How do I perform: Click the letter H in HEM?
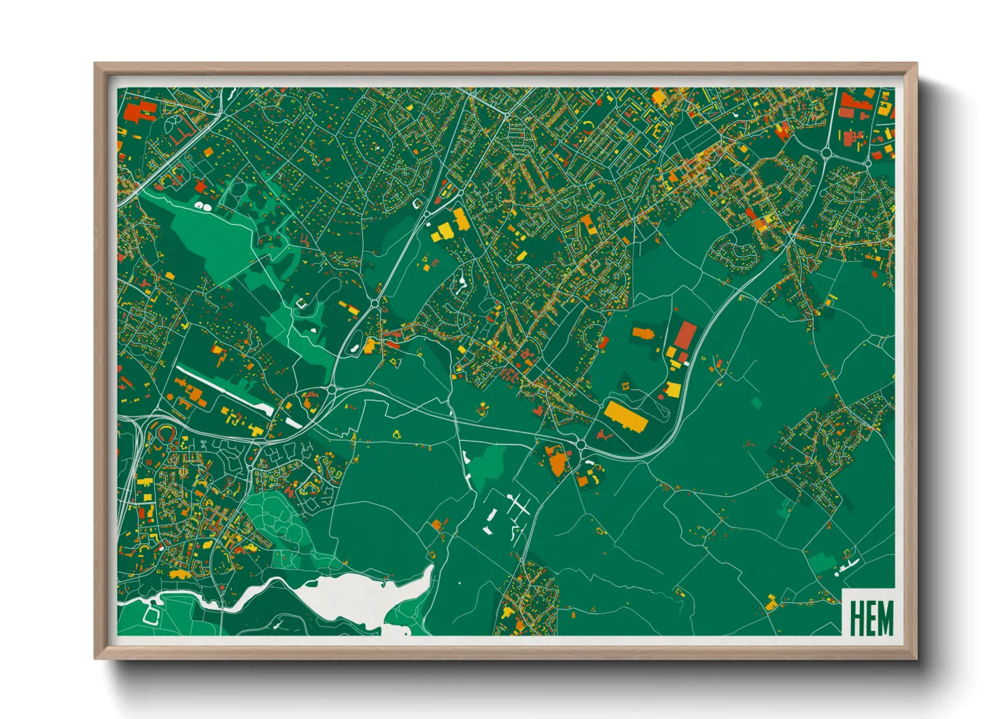[856, 618]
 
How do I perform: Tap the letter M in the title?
[884, 618]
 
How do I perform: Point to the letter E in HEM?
[869, 618]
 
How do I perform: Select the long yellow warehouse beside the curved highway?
[625, 416]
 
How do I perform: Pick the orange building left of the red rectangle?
[642, 333]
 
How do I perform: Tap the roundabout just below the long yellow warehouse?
[580, 444]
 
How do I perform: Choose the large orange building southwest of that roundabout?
[557, 462]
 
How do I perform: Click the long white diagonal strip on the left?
[224, 391]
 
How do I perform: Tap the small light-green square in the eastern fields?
[757, 403]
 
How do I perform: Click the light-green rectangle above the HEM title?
[821, 562]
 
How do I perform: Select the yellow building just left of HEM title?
[771, 602]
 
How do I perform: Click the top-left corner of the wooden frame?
[97, 65]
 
